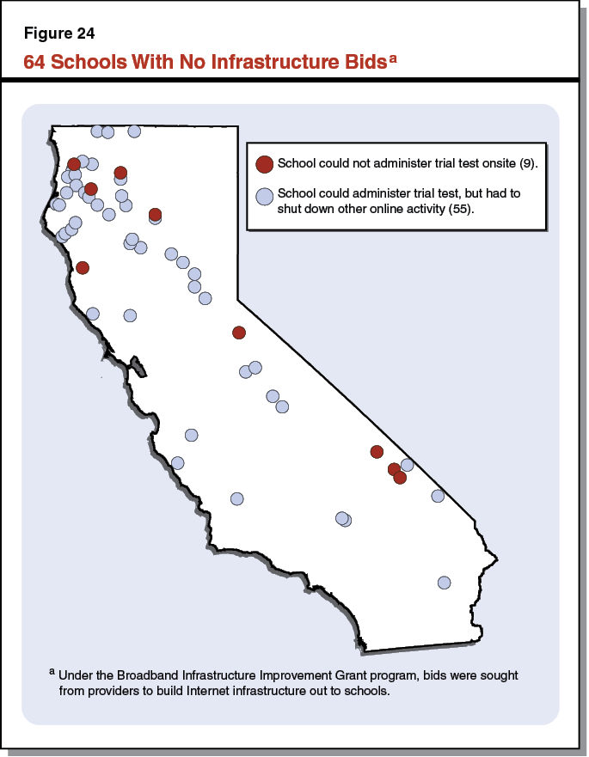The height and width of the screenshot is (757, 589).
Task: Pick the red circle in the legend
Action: pos(265,163)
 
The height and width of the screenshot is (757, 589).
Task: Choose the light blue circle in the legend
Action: pos(265,197)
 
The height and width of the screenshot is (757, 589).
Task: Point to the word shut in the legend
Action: pos(292,209)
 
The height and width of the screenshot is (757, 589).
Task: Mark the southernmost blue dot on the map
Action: pos(445,582)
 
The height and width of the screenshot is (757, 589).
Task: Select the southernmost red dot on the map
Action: pos(400,478)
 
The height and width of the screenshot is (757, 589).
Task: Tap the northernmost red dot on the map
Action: pos(74,164)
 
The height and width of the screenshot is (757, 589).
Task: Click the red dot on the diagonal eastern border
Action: pos(239,333)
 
